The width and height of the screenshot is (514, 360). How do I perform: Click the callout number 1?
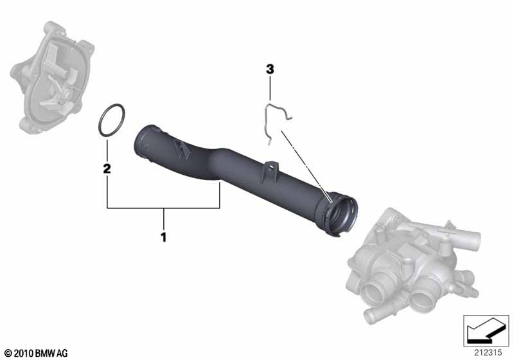click(163, 237)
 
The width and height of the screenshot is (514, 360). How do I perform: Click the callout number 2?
click(107, 168)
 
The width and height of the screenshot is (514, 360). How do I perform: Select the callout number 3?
click(270, 69)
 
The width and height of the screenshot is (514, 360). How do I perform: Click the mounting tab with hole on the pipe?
click(270, 170)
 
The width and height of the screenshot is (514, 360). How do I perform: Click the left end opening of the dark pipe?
click(143, 143)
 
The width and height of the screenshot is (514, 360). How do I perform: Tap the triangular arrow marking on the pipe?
click(181, 149)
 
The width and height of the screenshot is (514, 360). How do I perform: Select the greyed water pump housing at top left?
click(53, 77)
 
